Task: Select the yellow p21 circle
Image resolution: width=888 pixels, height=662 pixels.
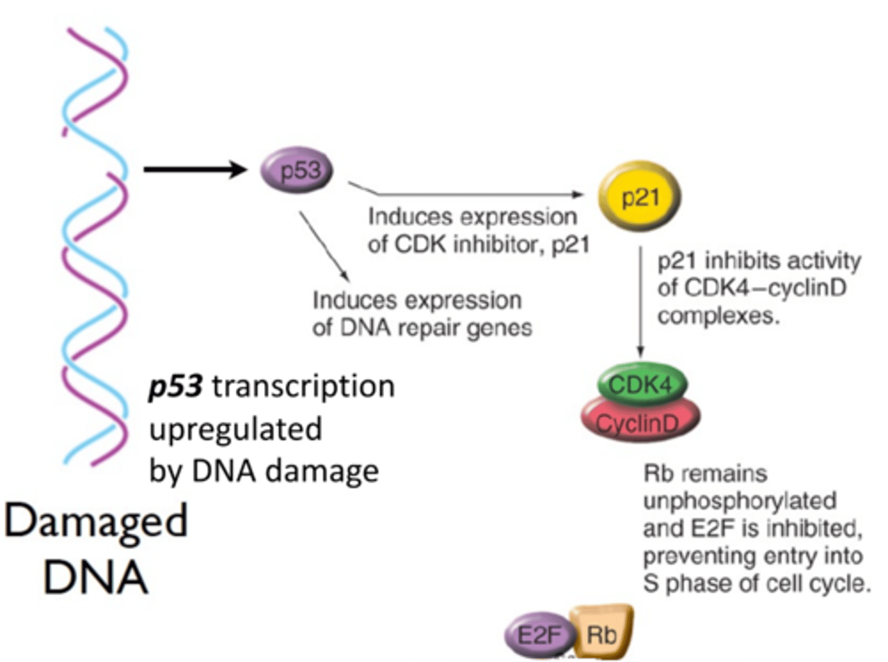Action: click(x=639, y=197)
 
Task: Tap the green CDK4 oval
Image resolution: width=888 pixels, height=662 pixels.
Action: click(x=641, y=385)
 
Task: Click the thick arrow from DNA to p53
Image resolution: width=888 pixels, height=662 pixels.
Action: click(x=194, y=169)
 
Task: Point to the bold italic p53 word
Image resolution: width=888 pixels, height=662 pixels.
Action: click(x=175, y=386)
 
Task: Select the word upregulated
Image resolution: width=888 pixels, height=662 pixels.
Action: click(x=236, y=429)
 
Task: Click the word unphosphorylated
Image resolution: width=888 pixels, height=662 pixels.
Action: click(x=739, y=501)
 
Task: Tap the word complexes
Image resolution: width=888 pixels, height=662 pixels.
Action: click(x=718, y=316)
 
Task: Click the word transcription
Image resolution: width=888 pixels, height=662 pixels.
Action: click(x=303, y=386)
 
